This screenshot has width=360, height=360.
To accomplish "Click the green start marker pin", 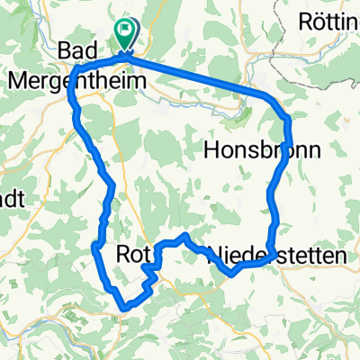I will tap(124, 37).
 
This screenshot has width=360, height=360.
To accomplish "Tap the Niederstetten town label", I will tap(276, 256).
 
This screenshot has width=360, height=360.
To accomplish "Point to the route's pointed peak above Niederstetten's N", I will tap(184, 235).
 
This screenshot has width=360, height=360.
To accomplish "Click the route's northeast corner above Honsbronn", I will tap(285, 117).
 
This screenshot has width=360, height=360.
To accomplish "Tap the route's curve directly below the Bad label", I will tap(74, 72).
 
